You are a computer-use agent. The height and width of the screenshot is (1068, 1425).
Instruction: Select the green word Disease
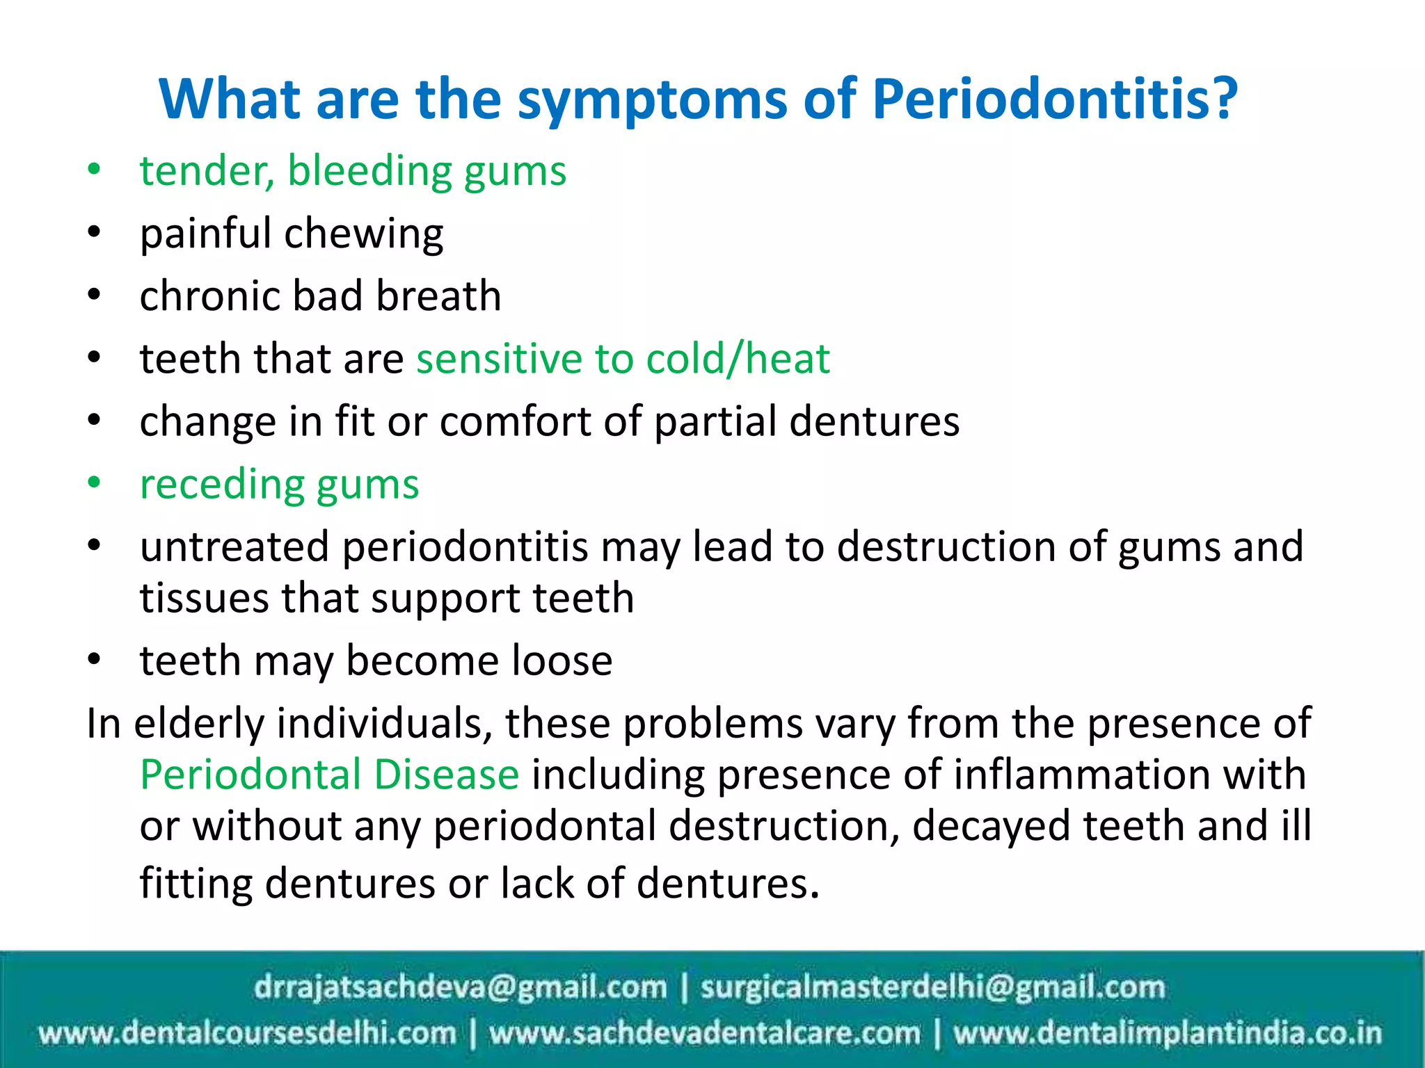[446, 775]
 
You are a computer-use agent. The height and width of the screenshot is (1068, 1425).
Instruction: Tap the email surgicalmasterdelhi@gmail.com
[932, 987]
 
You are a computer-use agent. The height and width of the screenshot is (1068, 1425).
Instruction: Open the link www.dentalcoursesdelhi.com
[248, 1033]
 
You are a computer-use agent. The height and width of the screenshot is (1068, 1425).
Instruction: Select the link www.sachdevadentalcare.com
[704, 1033]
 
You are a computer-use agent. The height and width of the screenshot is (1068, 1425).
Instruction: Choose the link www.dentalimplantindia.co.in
[1167, 1033]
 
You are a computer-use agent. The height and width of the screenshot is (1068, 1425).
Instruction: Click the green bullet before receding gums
[95, 483]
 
